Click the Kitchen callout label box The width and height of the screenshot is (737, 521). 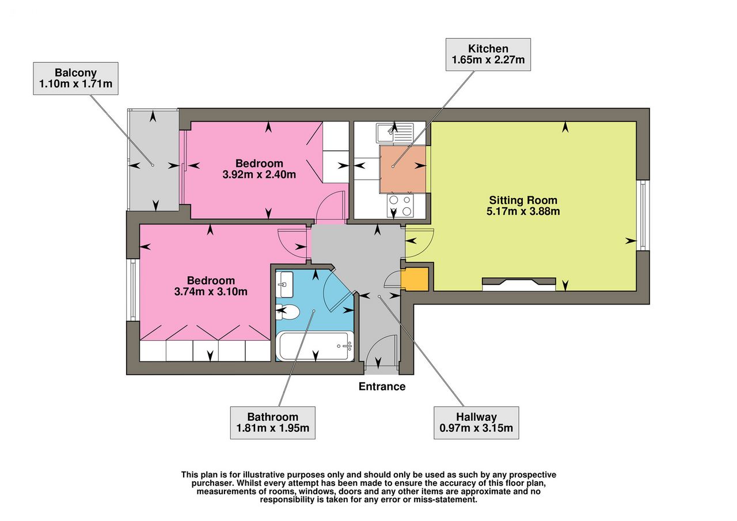coord(488,54)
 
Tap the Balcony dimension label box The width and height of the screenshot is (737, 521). coord(75,78)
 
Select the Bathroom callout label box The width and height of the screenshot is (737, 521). coord(273,423)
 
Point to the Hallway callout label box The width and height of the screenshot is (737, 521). coord(476,423)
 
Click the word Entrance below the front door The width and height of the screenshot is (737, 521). coord(382,386)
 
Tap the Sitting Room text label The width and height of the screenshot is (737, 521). coord(523,200)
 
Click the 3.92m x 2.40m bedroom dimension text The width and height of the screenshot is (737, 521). coord(259,174)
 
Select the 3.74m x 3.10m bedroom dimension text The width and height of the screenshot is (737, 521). coord(211,291)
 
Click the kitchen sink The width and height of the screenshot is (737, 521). coord(395,132)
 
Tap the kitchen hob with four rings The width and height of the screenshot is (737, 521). coord(400,206)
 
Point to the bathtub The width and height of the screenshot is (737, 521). coord(314,346)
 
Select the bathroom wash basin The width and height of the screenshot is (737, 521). coord(284,284)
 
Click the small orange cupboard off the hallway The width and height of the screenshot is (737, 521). coord(415,279)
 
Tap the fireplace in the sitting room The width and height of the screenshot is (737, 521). coord(519,284)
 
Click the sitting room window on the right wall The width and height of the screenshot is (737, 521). coord(643,215)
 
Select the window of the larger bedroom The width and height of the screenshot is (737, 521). coord(133,290)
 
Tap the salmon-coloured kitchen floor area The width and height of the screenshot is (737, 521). coord(402,169)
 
